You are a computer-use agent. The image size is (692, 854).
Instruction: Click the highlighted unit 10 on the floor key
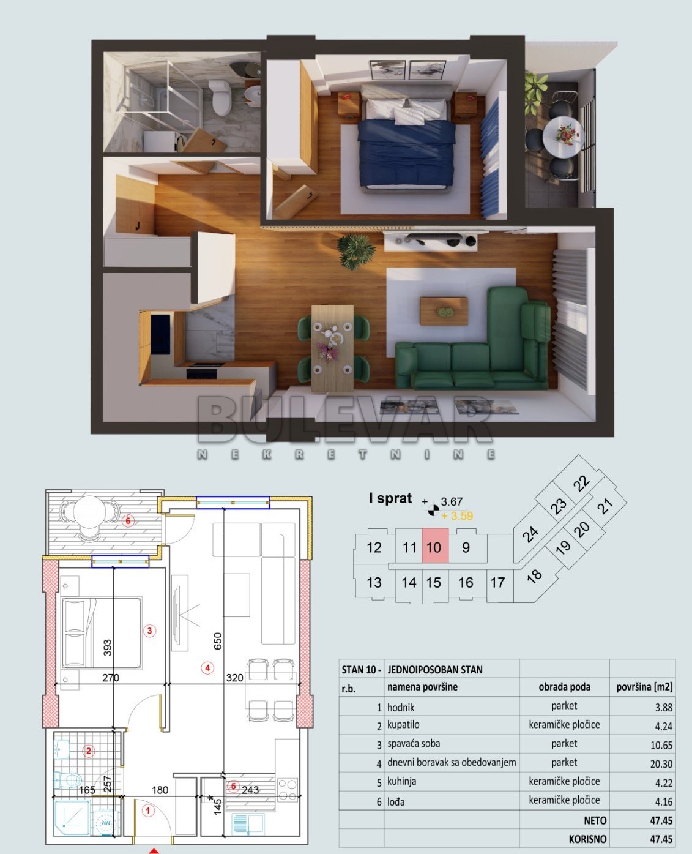click(434, 547)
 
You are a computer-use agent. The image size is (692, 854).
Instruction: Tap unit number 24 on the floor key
click(530, 534)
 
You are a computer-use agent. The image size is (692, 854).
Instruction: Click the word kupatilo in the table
click(403, 725)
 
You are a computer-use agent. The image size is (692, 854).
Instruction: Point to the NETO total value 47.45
click(660, 820)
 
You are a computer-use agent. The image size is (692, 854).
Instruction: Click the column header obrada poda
click(564, 687)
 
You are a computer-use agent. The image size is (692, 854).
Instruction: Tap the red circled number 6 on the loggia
click(128, 522)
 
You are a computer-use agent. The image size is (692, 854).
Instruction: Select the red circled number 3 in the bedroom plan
click(149, 631)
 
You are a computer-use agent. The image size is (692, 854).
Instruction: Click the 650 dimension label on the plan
click(218, 641)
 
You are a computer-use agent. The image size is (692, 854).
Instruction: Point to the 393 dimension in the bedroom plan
click(108, 648)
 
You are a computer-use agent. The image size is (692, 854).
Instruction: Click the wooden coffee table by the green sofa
click(444, 310)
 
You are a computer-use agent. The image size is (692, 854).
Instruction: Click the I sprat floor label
click(390, 498)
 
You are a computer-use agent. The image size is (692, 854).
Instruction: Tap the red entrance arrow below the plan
click(154, 850)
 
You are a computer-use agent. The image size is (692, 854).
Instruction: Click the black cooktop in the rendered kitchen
click(201, 371)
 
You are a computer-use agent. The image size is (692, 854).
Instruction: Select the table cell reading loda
click(395, 801)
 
